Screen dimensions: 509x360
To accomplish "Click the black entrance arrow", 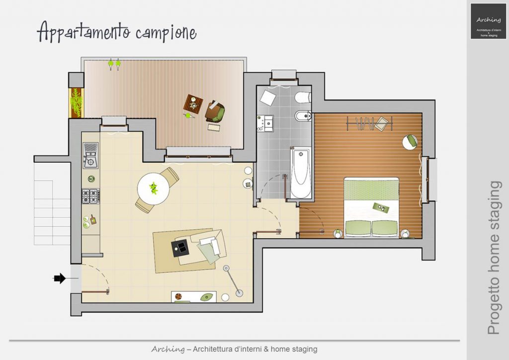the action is click(x=60, y=278).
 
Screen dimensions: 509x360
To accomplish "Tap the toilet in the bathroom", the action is click(x=303, y=97).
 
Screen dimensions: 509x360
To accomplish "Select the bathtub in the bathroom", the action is click(x=301, y=173).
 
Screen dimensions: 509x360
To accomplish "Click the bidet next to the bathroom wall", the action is click(x=303, y=115).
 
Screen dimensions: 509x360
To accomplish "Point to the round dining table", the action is click(x=153, y=188).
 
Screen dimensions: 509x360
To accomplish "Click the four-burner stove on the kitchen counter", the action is click(x=90, y=196).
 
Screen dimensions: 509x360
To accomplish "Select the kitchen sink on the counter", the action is click(x=90, y=155).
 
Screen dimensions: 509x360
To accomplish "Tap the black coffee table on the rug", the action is click(x=180, y=248).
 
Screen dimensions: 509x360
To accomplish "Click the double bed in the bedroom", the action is click(x=371, y=207).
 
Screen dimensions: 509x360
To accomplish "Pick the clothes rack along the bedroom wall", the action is click(x=370, y=123).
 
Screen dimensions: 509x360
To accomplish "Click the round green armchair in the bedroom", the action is click(x=410, y=142).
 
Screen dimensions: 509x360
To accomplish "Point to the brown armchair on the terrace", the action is click(x=215, y=111).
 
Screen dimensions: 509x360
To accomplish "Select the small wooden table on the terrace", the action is click(x=193, y=104).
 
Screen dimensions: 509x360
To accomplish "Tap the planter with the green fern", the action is click(x=76, y=102).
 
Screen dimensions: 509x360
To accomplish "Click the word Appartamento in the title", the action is click(x=84, y=32).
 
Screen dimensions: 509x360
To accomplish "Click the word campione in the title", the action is click(x=166, y=33).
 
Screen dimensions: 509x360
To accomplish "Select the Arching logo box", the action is click(x=488, y=21).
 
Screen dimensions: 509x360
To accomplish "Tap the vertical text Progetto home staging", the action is click(x=494, y=258).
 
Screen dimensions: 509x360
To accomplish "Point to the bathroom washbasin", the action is click(x=265, y=123).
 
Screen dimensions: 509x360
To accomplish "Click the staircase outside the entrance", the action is click(x=52, y=213).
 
